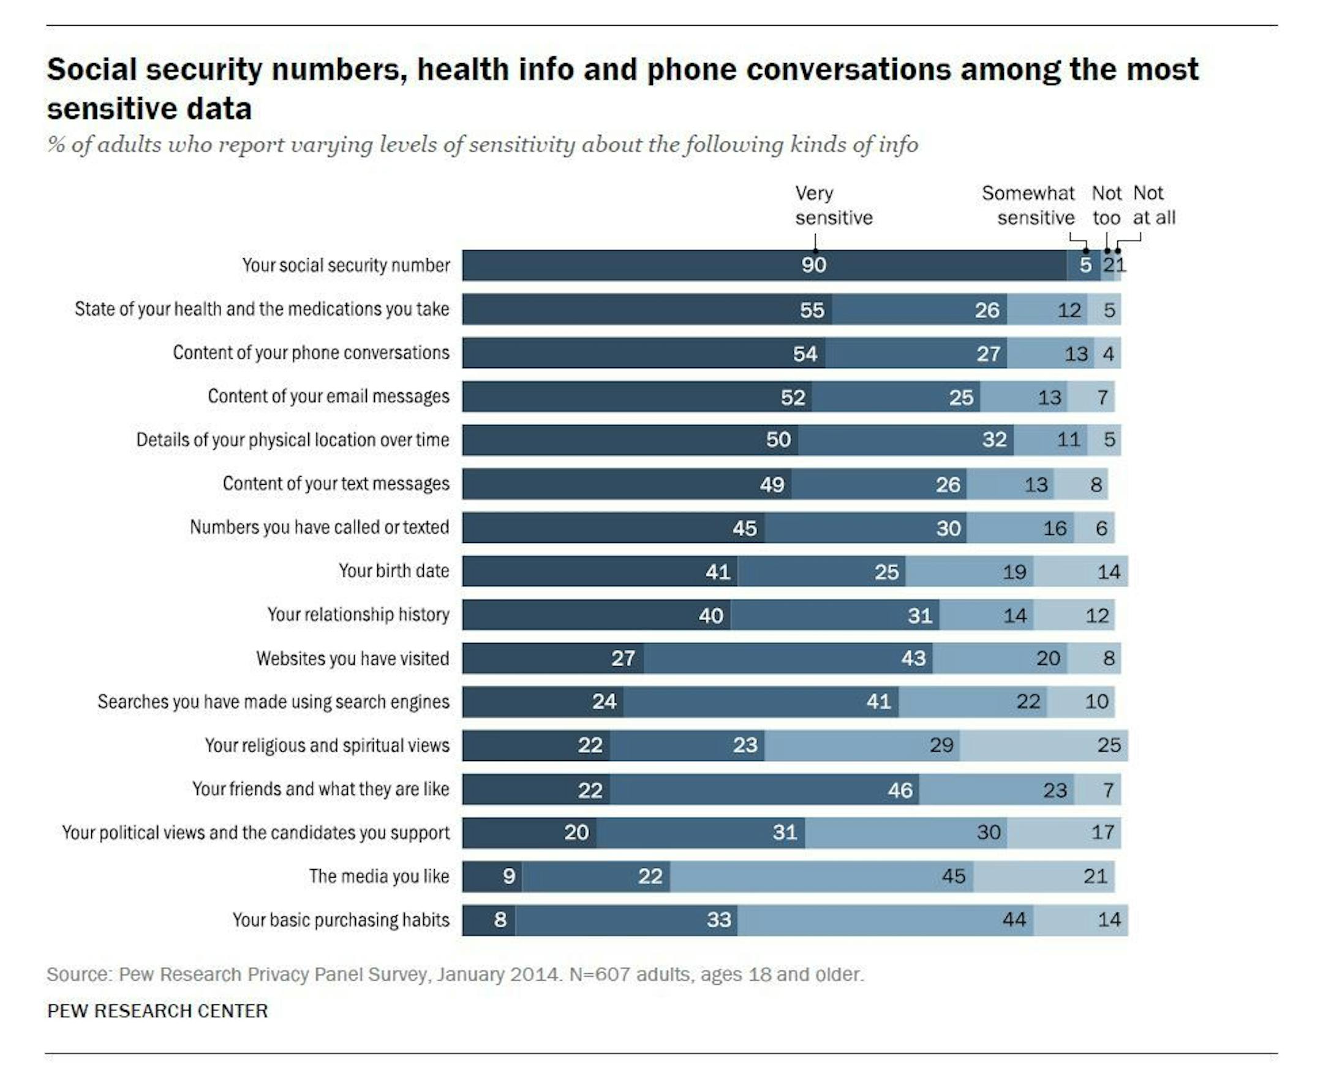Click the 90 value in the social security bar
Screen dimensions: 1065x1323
813,265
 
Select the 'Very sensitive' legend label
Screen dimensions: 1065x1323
833,206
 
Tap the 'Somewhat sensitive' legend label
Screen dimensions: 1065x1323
1028,206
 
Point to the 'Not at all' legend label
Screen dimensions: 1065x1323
1153,206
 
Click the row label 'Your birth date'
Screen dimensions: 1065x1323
393,571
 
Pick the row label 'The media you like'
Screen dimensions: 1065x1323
379,876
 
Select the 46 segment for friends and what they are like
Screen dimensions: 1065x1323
900,790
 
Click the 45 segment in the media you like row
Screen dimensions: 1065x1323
954,876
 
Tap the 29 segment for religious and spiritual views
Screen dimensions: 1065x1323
941,745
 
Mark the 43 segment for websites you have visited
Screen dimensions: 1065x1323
913,658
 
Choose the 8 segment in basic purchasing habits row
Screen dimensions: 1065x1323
500,919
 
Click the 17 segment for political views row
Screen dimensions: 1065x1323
1102,832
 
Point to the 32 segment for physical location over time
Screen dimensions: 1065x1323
994,440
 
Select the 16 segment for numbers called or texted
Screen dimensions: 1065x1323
1055,528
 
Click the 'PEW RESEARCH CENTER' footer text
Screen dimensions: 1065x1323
158,1011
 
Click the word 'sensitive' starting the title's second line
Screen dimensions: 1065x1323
149,109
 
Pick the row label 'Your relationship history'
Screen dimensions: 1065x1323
358,615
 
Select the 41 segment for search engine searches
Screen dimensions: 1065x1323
878,702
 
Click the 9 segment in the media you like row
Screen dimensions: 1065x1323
508,876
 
